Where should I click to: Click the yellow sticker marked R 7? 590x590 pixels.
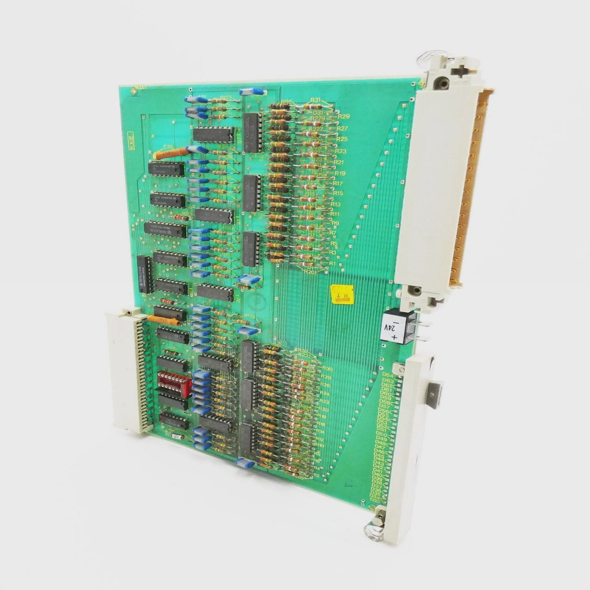click(342, 294)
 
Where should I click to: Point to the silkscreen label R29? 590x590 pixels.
click(343, 116)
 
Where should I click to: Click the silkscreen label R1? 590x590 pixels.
click(332, 263)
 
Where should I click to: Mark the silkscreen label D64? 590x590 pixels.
click(387, 375)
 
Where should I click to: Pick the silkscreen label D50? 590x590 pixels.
click(381, 434)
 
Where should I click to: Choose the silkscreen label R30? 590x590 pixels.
click(327, 369)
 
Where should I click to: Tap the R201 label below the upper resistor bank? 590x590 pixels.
click(310, 271)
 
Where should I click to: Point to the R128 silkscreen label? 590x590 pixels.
click(249, 316)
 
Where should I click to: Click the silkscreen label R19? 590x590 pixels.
click(340, 173)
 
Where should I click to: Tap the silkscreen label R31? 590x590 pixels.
click(315, 100)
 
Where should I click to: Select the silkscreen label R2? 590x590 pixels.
click(316, 475)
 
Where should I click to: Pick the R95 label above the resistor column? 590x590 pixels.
click(286, 102)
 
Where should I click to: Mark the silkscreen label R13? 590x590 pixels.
click(336, 204)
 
